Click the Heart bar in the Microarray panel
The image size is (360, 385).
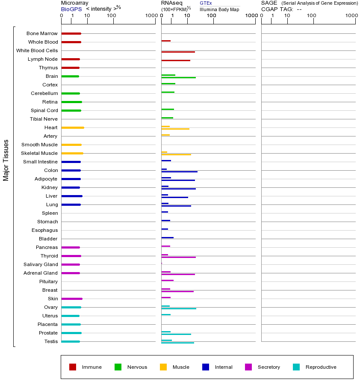73,127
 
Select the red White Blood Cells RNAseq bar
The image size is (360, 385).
178,52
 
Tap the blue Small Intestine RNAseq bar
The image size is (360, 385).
166,160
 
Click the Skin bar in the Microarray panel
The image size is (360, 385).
72,299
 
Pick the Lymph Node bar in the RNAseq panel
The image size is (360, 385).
176,60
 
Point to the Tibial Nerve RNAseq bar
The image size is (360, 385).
167,118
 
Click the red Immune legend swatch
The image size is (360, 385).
73,367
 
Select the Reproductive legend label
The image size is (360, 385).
321,367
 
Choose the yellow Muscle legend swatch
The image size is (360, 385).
163,367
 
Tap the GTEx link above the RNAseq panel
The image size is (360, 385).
206,3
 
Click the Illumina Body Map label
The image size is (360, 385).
219,9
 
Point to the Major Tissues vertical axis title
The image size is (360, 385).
6,160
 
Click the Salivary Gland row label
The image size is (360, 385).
41,264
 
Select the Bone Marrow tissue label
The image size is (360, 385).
42,33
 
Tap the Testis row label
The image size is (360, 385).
51,341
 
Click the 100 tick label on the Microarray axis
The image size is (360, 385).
111,16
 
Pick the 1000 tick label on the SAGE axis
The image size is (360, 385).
351,16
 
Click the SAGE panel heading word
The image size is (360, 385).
269,3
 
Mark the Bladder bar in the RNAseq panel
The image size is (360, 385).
167,237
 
